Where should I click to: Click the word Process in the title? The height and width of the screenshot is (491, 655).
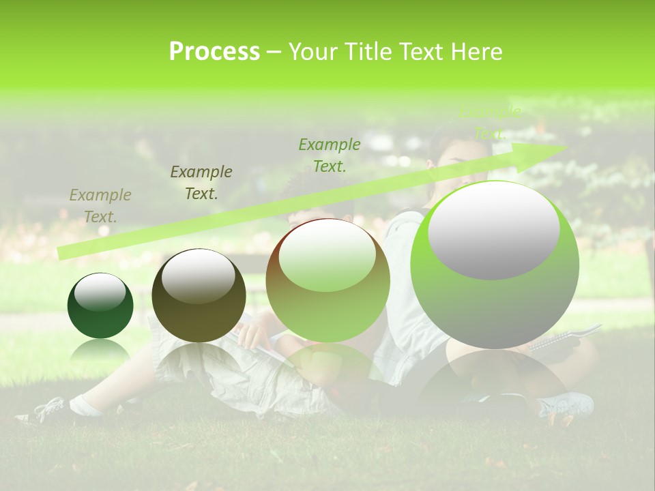(x=214, y=52)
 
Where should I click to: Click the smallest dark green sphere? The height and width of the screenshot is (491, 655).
(x=100, y=306)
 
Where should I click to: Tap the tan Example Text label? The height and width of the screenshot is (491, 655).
(x=100, y=205)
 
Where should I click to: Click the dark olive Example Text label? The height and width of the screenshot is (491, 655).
(x=201, y=182)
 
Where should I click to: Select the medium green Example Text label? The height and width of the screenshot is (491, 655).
(x=330, y=155)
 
